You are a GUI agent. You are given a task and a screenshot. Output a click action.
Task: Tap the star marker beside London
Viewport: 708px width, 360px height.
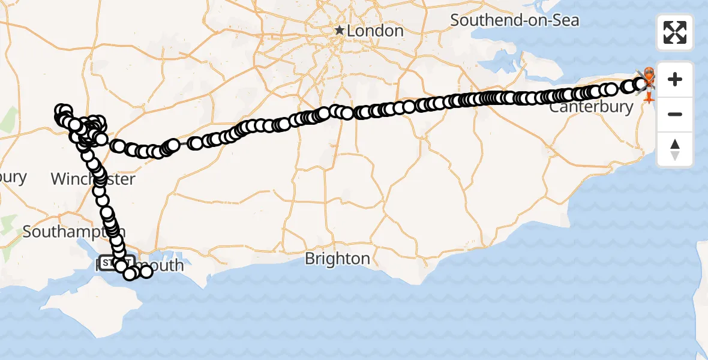click(340, 30)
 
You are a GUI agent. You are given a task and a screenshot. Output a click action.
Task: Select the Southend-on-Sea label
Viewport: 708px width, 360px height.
click(515, 20)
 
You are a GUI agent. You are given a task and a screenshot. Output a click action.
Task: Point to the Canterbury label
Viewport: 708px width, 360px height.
click(591, 108)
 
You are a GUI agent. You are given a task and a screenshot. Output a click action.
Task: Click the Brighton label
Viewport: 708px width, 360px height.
click(337, 259)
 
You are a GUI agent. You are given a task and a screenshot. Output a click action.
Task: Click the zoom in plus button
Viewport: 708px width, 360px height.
click(675, 79)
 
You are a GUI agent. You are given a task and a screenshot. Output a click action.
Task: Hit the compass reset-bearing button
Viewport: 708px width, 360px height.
click(675, 149)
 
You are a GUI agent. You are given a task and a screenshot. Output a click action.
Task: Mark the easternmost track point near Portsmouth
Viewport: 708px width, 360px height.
click(146, 272)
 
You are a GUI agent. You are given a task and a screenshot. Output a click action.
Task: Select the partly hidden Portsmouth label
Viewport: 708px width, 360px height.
click(159, 265)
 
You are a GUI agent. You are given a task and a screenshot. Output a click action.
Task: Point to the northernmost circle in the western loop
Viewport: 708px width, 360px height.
click(62, 110)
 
